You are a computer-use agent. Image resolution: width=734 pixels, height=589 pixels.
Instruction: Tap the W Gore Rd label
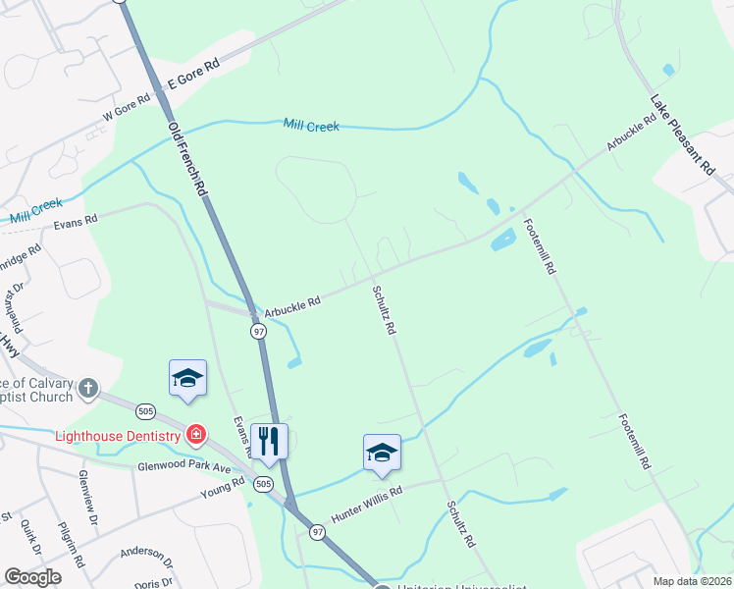point(128,110)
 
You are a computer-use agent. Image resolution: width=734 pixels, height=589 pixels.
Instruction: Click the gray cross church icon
point(88,388)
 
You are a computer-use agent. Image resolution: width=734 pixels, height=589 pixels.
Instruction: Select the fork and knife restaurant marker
point(268,440)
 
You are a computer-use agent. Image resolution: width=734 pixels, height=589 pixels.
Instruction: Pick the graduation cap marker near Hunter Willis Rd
point(382,453)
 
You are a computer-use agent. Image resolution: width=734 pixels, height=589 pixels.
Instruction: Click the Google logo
point(32,577)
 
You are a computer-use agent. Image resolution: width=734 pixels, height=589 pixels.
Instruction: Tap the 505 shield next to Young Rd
point(263,484)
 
